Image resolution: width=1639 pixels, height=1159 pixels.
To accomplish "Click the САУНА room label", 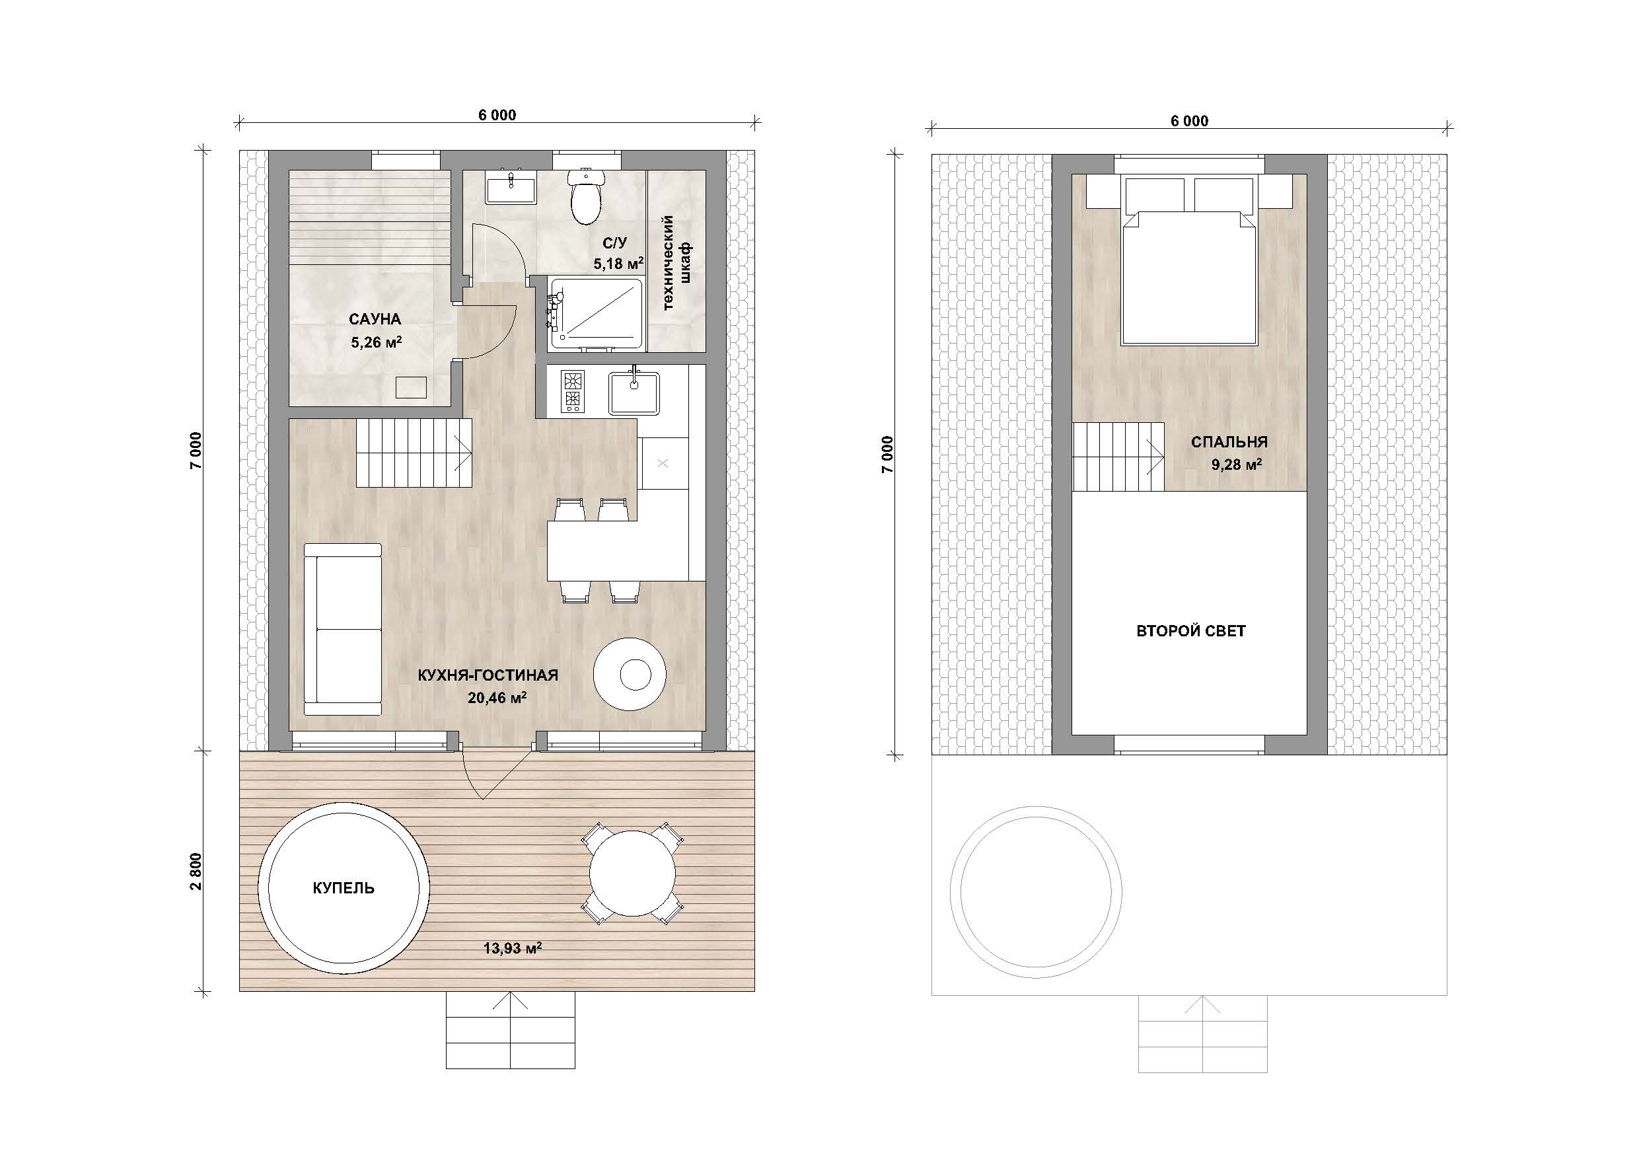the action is click(x=375, y=319).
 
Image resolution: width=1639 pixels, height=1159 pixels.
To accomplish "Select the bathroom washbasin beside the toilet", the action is click(x=511, y=188).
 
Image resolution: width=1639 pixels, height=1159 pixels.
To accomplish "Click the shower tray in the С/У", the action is click(x=595, y=315).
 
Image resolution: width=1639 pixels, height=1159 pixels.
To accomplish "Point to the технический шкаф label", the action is click(x=677, y=263).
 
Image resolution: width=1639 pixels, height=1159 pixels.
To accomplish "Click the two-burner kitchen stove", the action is click(x=573, y=391).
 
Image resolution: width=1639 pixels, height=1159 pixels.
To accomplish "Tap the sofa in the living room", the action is click(x=343, y=629).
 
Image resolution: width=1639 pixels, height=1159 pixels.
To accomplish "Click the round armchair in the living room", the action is click(x=630, y=673).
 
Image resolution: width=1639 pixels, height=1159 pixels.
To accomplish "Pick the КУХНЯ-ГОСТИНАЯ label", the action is click(x=488, y=675).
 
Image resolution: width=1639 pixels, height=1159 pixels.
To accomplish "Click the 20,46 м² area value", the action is click(x=497, y=697).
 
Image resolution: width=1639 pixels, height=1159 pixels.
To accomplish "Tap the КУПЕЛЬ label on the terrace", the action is click(x=344, y=887).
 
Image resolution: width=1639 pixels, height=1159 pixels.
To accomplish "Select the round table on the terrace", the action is click(x=632, y=874).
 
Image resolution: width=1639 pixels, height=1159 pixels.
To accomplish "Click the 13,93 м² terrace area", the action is click(x=513, y=948).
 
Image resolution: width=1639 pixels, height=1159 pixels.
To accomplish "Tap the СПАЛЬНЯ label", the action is click(x=1229, y=442).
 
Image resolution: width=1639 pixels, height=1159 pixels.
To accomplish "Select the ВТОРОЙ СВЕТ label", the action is click(x=1190, y=630).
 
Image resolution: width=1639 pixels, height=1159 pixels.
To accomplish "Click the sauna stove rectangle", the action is click(x=411, y=387).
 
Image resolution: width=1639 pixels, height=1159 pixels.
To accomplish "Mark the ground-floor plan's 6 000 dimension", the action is click(x=497, y=115).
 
